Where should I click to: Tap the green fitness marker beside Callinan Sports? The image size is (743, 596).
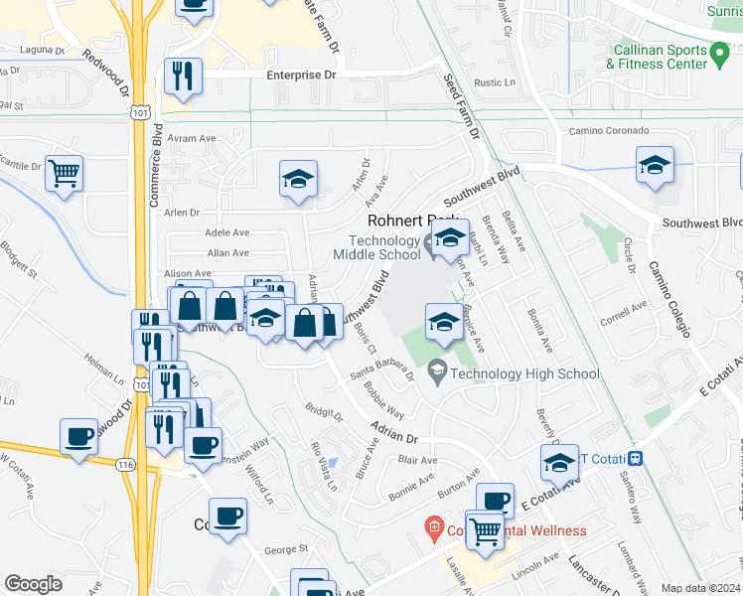722,51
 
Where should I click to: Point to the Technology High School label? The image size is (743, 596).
524,373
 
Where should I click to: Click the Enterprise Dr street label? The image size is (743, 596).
301,74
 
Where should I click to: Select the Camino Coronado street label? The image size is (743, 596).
608,131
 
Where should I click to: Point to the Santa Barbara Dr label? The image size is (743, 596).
381,373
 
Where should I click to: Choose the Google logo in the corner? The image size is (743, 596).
33,584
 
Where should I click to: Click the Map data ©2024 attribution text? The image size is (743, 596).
700,588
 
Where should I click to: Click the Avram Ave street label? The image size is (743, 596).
192,139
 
